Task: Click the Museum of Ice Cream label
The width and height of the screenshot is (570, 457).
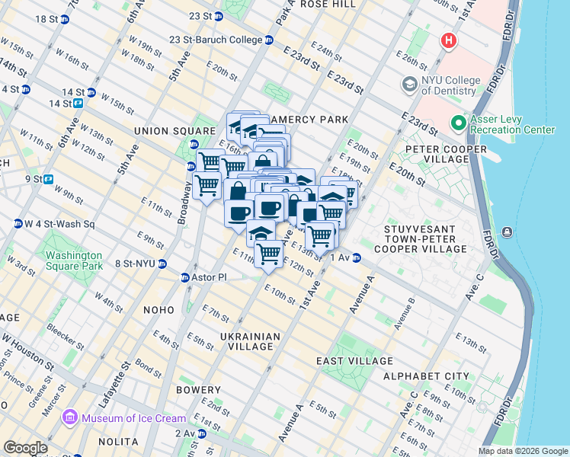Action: point(133,418)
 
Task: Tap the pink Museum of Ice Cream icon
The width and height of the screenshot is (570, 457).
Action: point(71,417)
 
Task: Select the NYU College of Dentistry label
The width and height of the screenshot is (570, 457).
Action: point(451,85)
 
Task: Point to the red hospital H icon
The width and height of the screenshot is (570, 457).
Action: point(449,40)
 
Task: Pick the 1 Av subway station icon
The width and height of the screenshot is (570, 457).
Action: point(356,258)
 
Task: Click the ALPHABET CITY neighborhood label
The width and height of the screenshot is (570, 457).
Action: point(426,376)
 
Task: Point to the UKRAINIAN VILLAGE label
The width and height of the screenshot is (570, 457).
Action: point(246,341)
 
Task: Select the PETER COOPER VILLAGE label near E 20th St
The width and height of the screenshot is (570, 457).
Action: point(446,154)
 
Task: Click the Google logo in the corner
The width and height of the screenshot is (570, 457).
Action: point(25,448)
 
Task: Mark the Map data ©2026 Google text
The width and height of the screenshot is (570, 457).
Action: point(522,451)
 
